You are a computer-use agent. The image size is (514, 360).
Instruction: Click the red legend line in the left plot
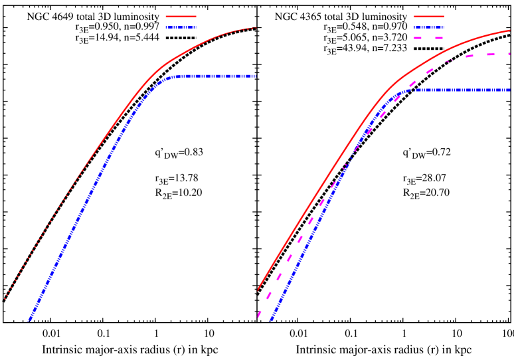click(181, 17)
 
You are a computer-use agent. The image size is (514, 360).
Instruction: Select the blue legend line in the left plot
click(181, 27)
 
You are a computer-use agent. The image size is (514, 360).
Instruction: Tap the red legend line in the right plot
click(428, 17)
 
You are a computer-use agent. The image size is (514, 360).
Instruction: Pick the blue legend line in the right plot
click(428, 27)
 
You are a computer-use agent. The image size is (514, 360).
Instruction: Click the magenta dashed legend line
click(428, 38)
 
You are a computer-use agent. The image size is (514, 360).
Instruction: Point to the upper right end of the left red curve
click(256, 28)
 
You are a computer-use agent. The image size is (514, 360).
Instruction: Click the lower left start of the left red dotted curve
click(5, 300)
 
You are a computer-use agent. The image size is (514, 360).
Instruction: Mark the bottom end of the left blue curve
click(29, 321)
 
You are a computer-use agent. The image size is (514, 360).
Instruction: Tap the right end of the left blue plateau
click(255, 76)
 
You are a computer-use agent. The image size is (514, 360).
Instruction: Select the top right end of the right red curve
click(509, 31)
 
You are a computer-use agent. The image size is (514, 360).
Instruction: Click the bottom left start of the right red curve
click(258, 290)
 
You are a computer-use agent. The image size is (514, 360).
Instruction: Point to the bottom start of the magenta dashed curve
click(258, 317)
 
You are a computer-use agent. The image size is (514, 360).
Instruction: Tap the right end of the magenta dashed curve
click(509, 54)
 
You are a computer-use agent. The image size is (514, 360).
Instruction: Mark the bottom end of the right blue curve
click(271, 321)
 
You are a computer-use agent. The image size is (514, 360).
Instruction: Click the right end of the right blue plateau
click(509, 89)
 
